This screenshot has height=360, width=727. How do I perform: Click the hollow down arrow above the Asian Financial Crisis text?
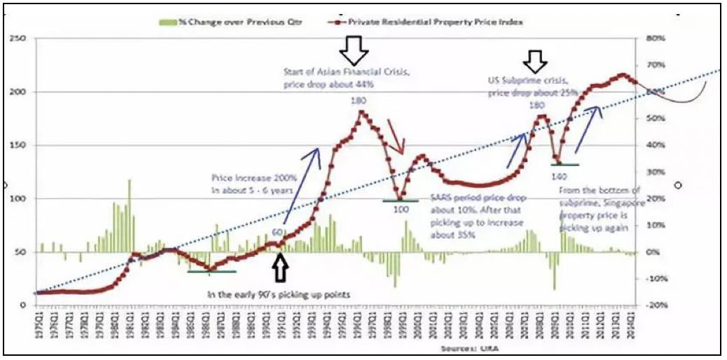(x=353, y=50)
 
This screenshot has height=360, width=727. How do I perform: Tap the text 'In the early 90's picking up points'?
(x=278, y=295)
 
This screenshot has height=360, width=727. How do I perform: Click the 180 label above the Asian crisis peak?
(x=359, y=100)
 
